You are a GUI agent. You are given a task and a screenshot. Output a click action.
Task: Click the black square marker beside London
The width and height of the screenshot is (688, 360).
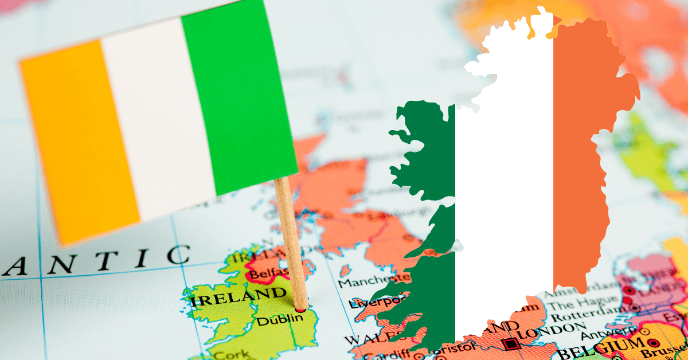click(x=511, y=344)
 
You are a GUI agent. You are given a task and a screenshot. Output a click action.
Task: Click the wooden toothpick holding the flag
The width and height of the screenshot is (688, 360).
click(x=291, y=241)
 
